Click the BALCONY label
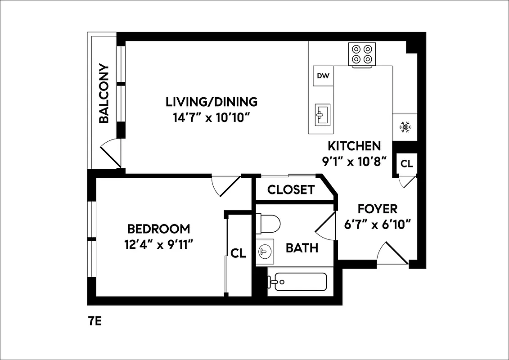click(x=104, y=94)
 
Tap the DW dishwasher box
click(x=323, y=76)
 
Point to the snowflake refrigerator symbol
click(x=405, y=128)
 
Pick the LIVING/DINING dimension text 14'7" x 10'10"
click(x=211, y=118)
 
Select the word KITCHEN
click(x=354, y=146)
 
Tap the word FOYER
click(x=377, y=209)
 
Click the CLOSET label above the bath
click(x=291, y=190)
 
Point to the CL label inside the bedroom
click(x=238, y=253)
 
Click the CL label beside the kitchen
click(x=406, y=164)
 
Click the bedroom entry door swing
click(x=225, y=185)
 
